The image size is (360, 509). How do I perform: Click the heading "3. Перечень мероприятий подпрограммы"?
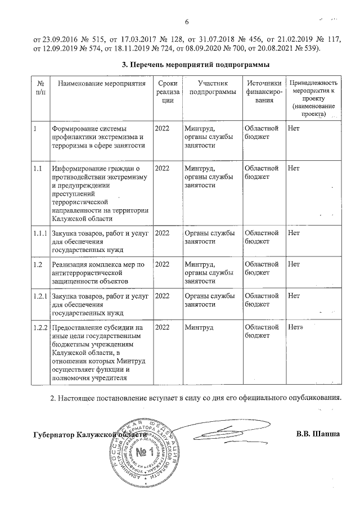193,65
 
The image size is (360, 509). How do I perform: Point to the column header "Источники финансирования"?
262,91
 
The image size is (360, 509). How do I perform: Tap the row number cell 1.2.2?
40,327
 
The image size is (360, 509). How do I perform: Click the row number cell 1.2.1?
40,295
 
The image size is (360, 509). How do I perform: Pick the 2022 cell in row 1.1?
162,168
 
